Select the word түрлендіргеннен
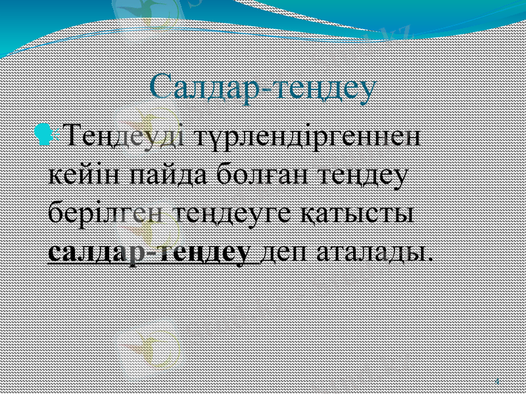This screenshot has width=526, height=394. pos(309,139)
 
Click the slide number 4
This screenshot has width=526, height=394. pos(496,381)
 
